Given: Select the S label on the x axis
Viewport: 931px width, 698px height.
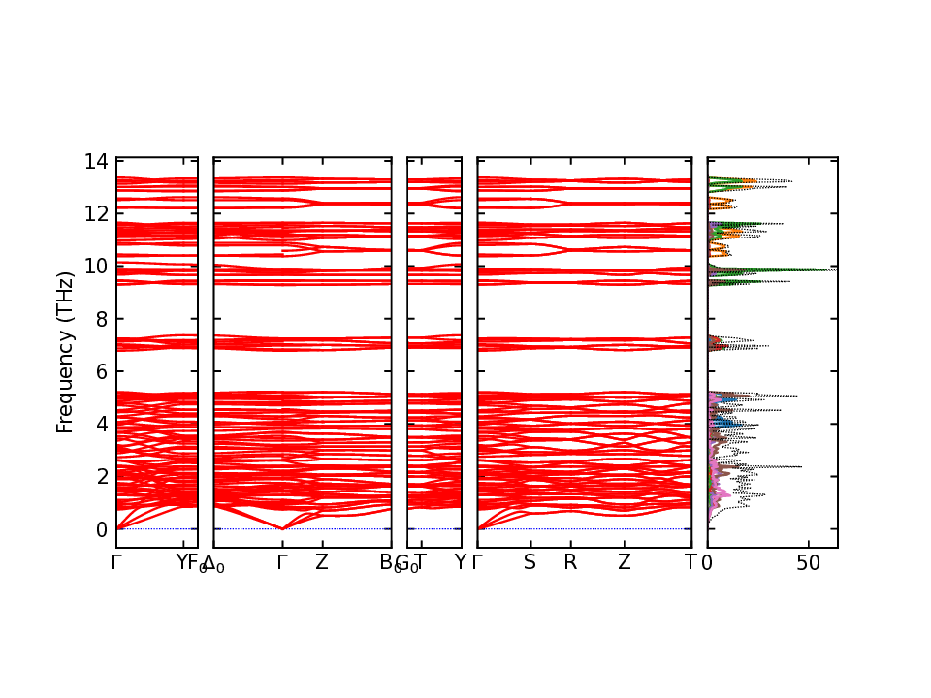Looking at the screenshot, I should point(530,562).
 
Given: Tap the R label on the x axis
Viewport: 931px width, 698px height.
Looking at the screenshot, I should point(570,562).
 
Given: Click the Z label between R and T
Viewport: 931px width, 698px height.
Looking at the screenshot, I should point(625,562).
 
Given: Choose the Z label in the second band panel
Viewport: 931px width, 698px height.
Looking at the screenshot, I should point(322,562).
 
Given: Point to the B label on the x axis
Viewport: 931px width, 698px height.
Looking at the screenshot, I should point(386,562).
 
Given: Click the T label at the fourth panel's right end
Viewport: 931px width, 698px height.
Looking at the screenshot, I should point(690,562).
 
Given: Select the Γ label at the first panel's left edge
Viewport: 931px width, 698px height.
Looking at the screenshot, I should point(116,562).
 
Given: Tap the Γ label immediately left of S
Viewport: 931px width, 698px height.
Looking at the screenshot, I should point(477,562).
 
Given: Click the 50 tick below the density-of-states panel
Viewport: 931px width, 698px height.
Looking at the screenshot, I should point(809,563).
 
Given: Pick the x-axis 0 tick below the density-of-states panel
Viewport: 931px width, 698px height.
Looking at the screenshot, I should point(708,563).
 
